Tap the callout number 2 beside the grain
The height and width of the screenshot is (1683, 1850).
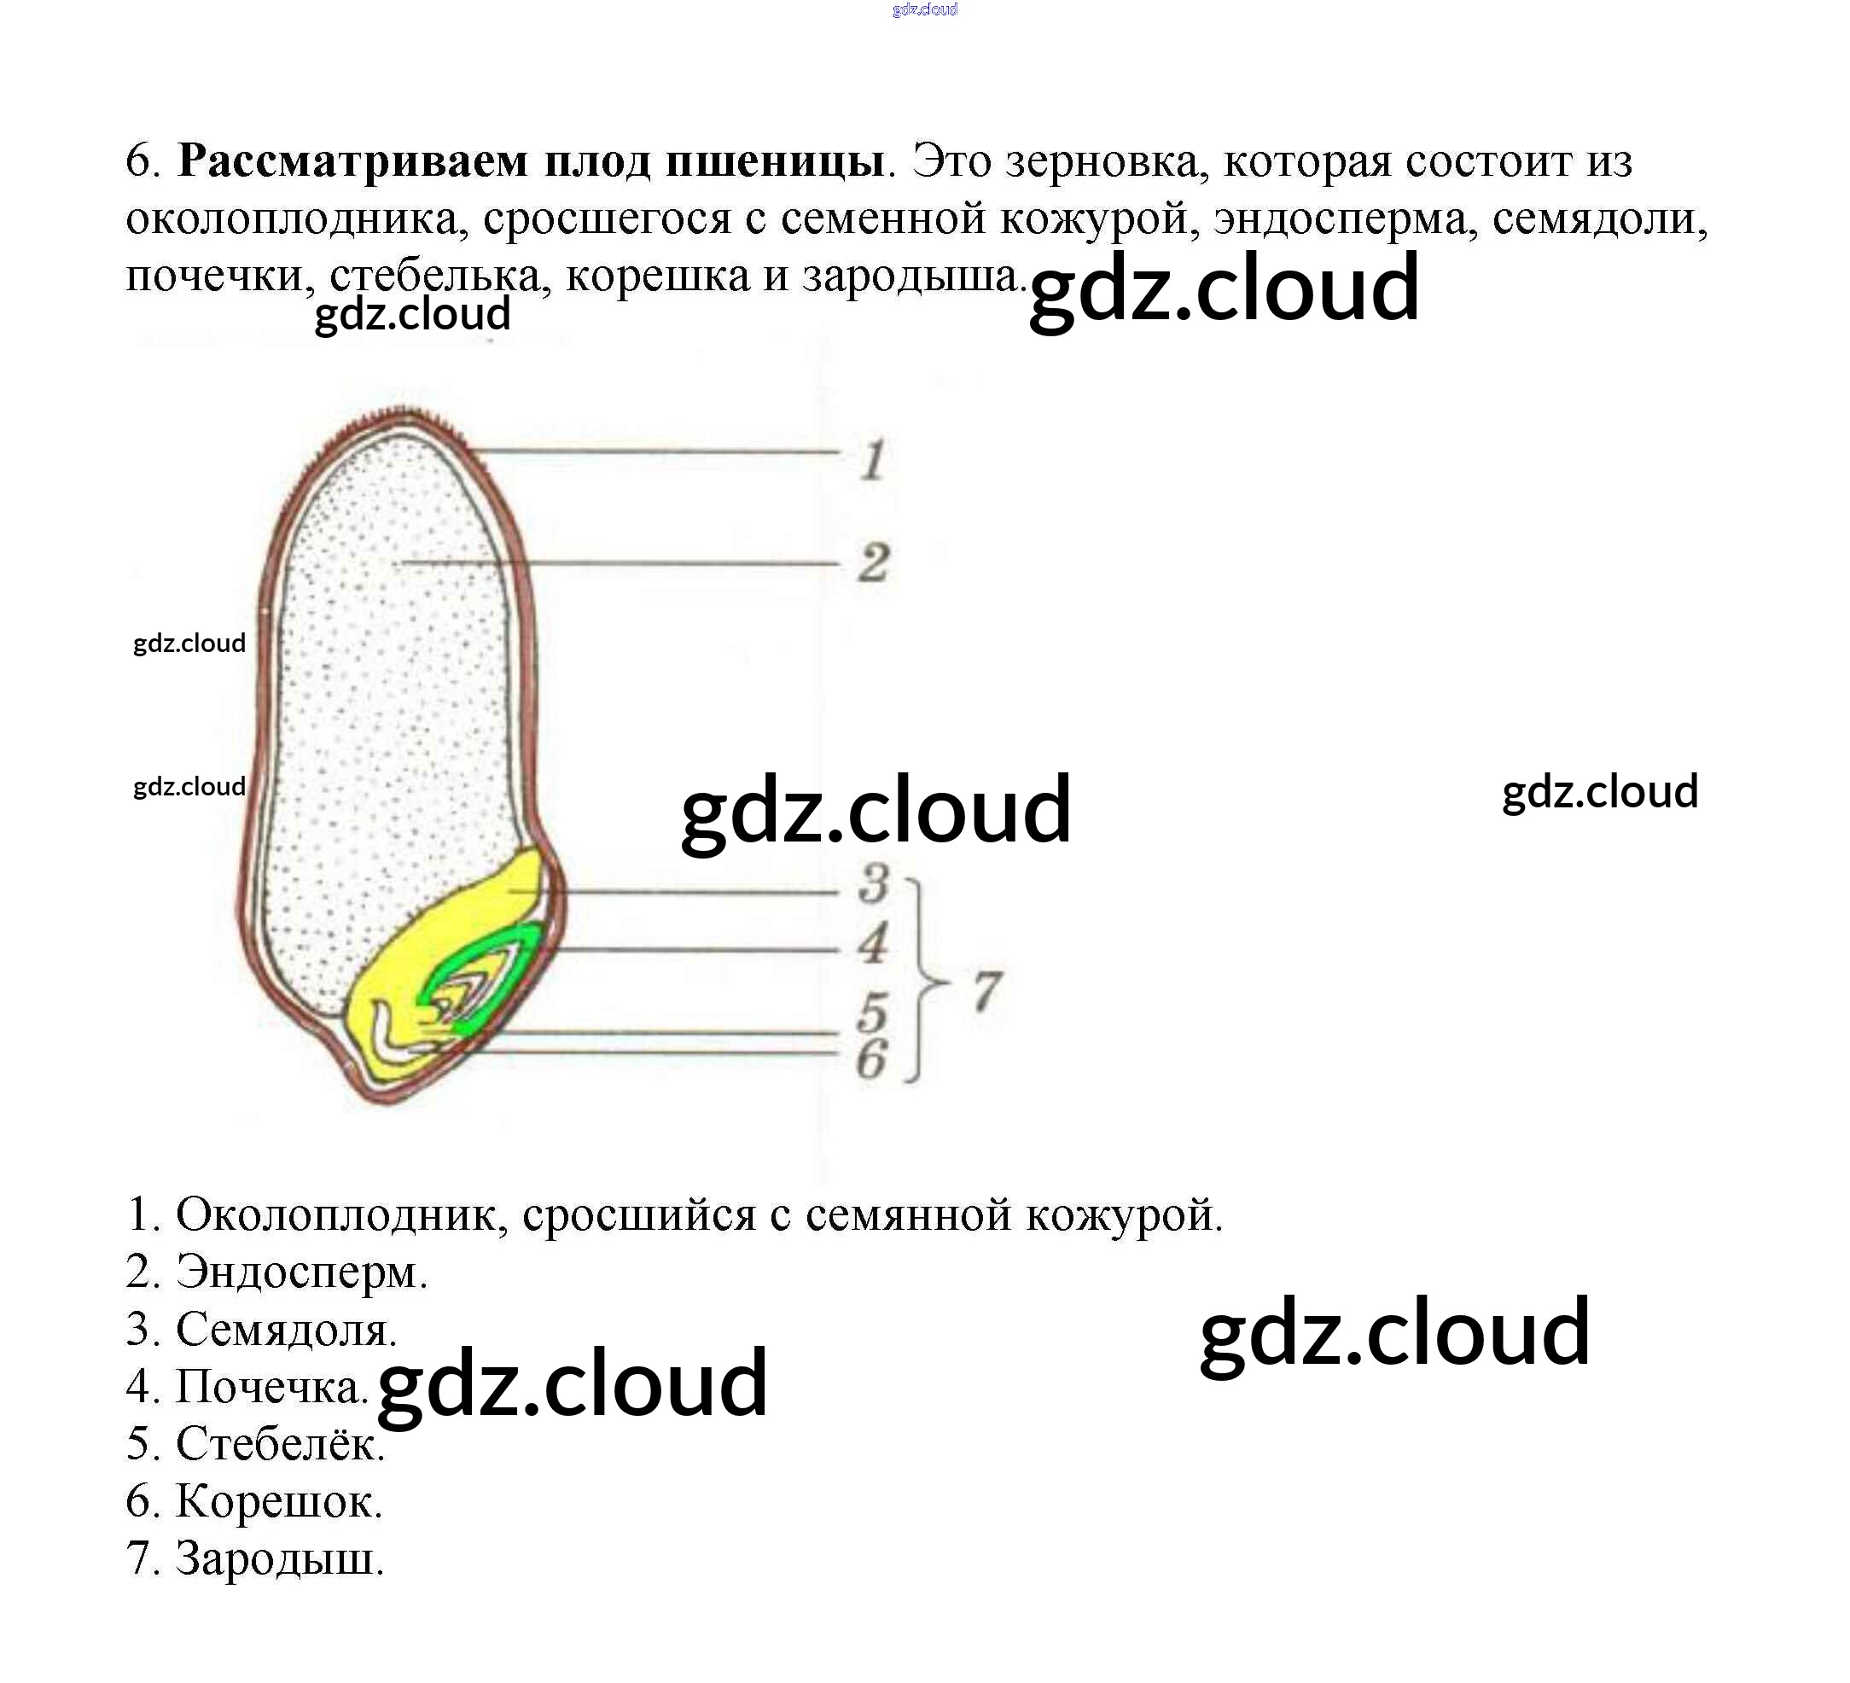874,562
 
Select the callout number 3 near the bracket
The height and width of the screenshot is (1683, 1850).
874,882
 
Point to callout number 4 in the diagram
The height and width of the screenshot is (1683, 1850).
874,943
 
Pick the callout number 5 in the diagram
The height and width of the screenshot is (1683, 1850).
873,1013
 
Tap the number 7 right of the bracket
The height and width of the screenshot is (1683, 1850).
986,991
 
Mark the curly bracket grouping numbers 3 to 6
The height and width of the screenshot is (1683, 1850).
921,982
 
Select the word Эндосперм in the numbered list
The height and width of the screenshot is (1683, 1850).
301,1272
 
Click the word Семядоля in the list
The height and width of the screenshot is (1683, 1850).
285,1329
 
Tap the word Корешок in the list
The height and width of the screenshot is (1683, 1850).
278,1501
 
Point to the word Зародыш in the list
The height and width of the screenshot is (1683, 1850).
279,1558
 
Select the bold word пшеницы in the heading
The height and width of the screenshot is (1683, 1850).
775,161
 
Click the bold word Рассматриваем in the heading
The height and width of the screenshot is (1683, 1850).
352,161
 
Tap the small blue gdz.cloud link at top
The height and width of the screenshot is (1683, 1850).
924,10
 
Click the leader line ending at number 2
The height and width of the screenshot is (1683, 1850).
624,562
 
